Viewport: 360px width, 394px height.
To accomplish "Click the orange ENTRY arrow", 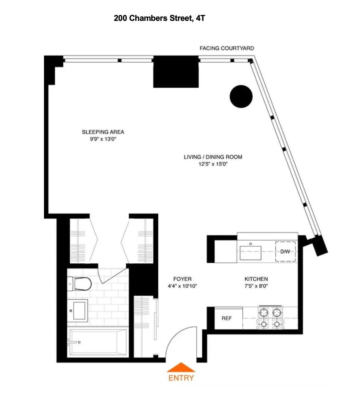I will coord(180,367).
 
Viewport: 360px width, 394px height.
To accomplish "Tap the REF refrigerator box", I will coord(227,318).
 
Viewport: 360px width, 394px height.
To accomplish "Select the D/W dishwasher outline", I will coord(285,251).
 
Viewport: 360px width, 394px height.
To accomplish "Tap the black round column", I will coord(241,97).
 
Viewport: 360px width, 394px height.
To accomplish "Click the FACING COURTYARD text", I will coord(227,49).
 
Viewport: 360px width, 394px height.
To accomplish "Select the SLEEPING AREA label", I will coord(103,132).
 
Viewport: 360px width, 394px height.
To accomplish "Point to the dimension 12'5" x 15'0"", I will coord(213,164).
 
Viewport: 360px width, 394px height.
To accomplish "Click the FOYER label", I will coord(182,279).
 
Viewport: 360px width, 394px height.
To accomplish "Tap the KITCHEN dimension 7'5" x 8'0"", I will coord(256,286).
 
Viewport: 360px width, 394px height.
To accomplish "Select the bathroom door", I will coord(112,277).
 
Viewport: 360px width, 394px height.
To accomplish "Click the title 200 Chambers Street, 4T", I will coord(160,18).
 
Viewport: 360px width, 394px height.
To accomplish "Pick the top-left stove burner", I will coord(264,312).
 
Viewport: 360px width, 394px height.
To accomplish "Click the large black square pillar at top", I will coord(176,72).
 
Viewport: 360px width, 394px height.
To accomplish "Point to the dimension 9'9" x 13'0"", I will coord(103,139).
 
